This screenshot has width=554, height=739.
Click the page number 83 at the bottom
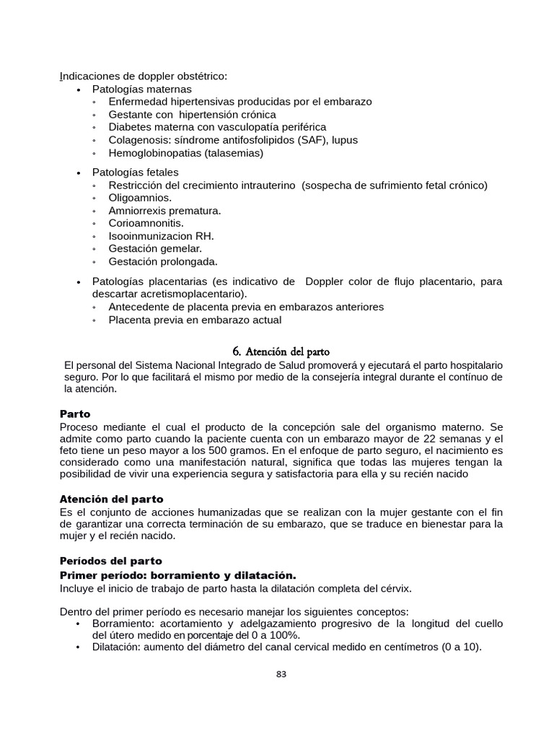pyautogui.click(x=281, y=675)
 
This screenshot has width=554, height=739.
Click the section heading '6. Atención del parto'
pyautogui.click(x=281, y=351)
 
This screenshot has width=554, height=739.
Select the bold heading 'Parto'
pyautogui.click(x=74, y=414)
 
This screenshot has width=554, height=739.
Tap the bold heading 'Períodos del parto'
pyautogui.click(x=110, y=561)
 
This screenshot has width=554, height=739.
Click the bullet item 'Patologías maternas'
pyautogui.click(x=141, y=89)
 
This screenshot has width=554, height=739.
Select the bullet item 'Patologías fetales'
pyautogui.click(x=135, y=172)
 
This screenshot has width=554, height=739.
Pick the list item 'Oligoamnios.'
pyautogui.click(x=140, y=198)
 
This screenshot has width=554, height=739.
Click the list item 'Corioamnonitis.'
pyautogui.click(x=146, y=223)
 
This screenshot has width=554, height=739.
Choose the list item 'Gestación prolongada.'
pyautogui.click(x=162, y=261)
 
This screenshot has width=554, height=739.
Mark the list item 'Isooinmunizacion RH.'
pyautogui.click(x=161, y=236)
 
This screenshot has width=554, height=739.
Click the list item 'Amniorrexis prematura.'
pyautogui.click(x=164, y=211)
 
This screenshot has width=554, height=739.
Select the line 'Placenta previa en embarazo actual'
pyautogui.click(x=195, y=320)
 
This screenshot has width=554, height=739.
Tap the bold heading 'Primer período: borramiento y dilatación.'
pyautogui.click(x=177, y=575)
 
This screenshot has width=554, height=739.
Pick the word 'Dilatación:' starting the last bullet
pyautogui.click(x=120, y=647)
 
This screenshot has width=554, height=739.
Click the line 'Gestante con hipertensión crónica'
pyautogui.click(x=192, y=114)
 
